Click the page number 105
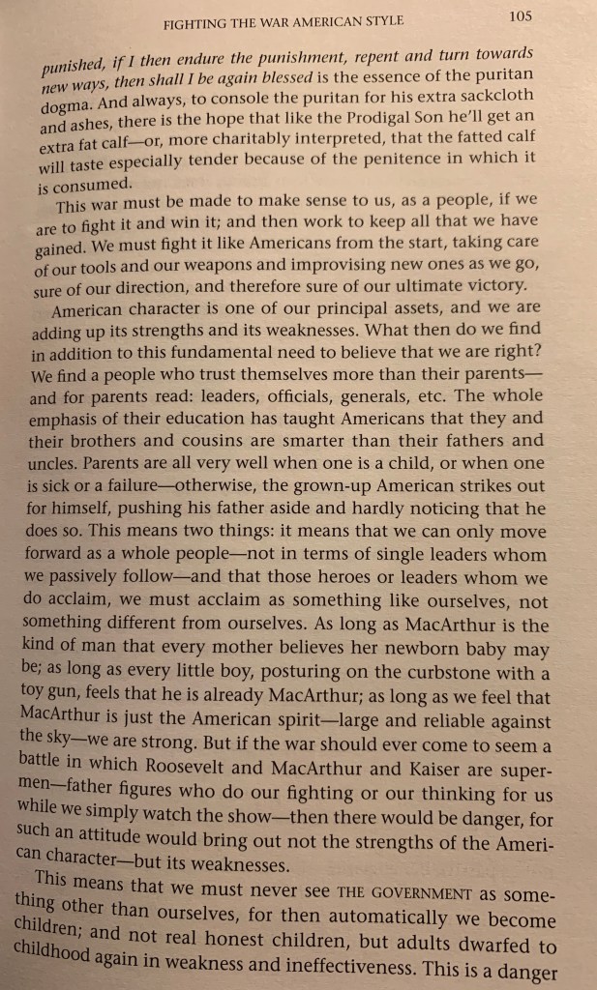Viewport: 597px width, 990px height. pyautogui.click(x=521, y=16)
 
